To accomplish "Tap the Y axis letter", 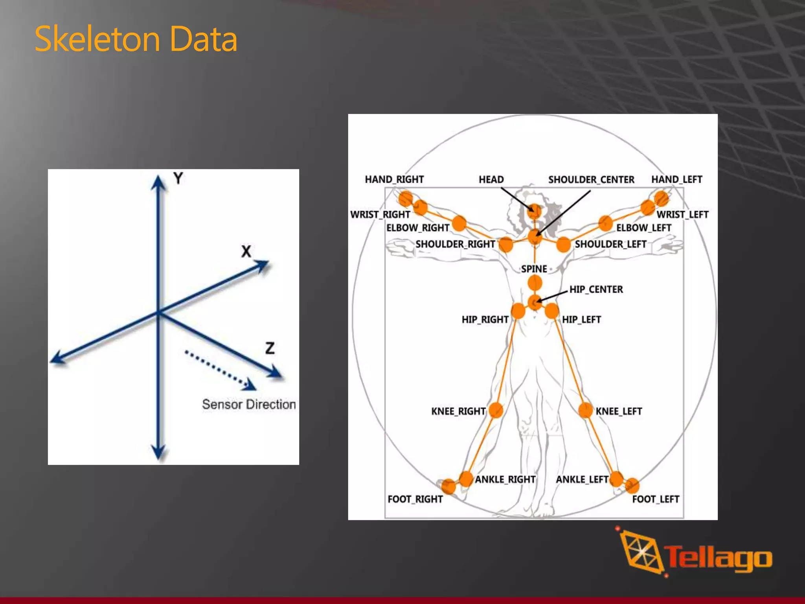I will pyautogui.click(x=178, y=179).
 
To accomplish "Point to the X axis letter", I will pyautogui.click(x=246, y=251).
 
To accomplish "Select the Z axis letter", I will pyautogui.click(x=270, y=348).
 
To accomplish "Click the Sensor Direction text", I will pyautogui.click(x=249, y=404).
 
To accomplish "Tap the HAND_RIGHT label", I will pyautogui.click(x=394, y=180).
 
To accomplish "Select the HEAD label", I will pyautogui.click(x=491, y=180).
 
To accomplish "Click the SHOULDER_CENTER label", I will pyautogui.click(x=591, y=180).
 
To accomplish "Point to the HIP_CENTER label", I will pyautogui.click(x=596, y=289).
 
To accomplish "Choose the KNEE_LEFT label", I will pyautogui.click(x=619, y=411).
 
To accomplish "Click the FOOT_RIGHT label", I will pyautogui.click(x=415, y=499).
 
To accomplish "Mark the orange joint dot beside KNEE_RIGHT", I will pyautogui.click(x=496, y=410).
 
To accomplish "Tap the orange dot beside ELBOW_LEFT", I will pyautogui.click(x=606, y=223).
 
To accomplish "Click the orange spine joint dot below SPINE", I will pyautogui.click(x=535, y=282).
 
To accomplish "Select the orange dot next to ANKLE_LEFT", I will pyautogui.click(x=616, y=478).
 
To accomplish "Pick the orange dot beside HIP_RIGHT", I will pyautogui.click(x=518, y=311).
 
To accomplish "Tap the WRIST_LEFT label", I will pyautogui.click(x=682, y=215).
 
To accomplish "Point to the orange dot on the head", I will pyautogui.click(x=534, y=211).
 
